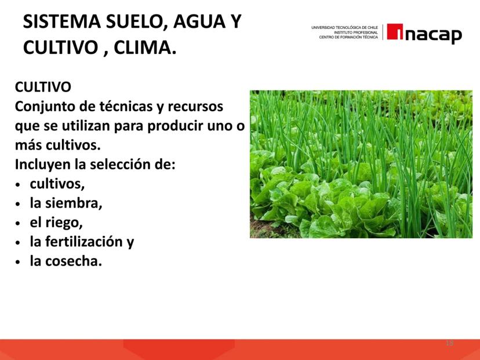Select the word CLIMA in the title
pos(145,48)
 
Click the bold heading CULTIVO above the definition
pos(43,87)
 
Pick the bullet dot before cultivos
pos(18,185)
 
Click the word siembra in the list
pos(73,203)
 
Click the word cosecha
pos(73,261)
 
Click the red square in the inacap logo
pos(395,31)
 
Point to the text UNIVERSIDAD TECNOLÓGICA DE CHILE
pos(345,28)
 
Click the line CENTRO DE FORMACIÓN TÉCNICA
pos(348,37)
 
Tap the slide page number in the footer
pos(449,343)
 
